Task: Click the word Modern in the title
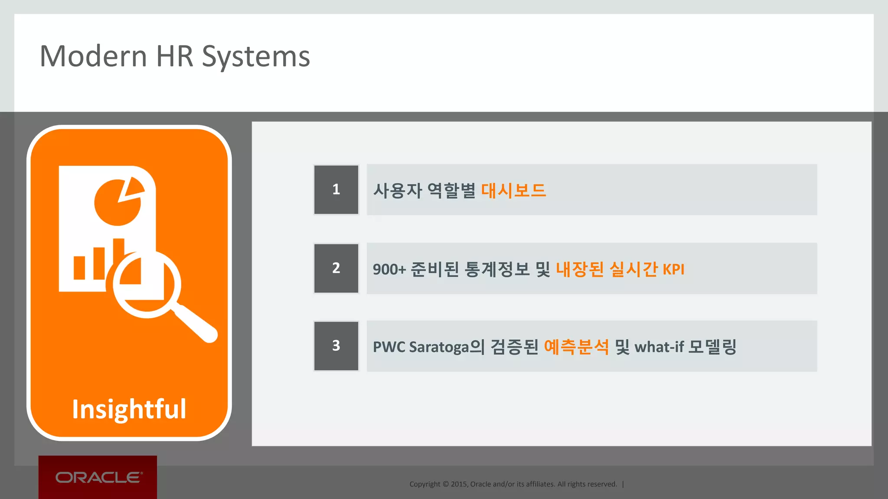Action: [93, 56]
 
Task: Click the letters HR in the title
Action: [174, 56]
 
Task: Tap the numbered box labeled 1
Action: [336, 190]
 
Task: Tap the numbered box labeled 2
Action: [336, 268]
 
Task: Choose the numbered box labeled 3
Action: [336, 346]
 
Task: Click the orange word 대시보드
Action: [513, 191]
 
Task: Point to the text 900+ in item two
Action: [389, 269]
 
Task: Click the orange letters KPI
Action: [673, 269]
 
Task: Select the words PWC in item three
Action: [388, 347]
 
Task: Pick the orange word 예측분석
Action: [576, 347]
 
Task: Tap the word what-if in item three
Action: [659, 347]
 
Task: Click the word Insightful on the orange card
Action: [129, 409]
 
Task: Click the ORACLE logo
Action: [98, 477]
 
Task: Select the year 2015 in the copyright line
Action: [459, 484]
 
